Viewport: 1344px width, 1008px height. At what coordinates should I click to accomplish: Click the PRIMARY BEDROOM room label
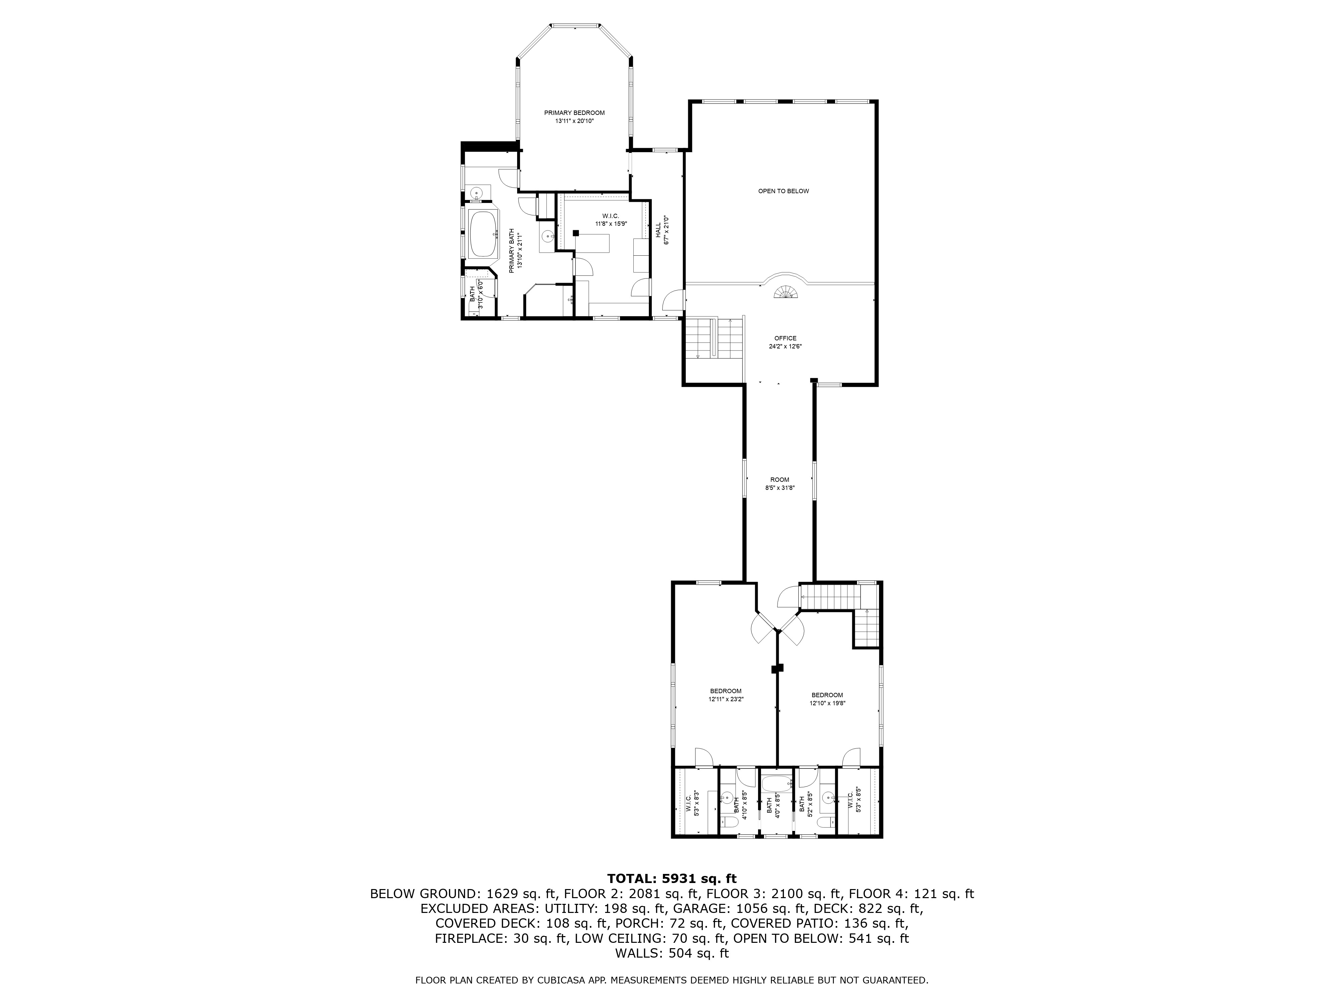pos(574,113)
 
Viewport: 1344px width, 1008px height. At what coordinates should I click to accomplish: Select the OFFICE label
pos(785,338)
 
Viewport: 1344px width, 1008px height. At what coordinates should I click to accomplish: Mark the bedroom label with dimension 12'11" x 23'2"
pos(725,691)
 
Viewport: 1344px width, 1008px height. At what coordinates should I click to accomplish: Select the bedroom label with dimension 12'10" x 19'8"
pos(827,695)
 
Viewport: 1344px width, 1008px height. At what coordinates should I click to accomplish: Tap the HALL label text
pos(658,230)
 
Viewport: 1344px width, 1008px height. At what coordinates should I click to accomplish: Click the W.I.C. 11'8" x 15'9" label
pos(611,216)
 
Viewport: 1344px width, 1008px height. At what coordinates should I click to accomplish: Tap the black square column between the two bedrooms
pos(776,668)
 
